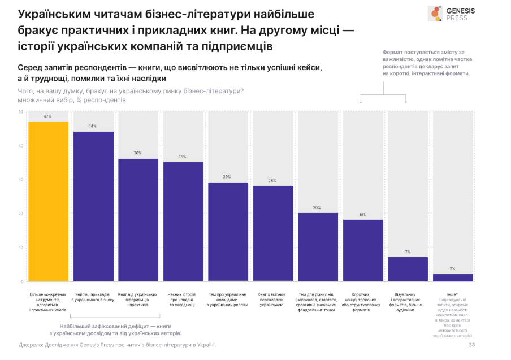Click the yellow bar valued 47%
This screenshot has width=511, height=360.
pyautogui.click(x=48, y=201)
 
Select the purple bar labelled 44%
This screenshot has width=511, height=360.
pyautogui.click(x=93, y=206)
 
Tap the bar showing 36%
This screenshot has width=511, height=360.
pyautogui.click(x=138, y=220)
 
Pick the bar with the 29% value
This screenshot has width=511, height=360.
pyautogui.click(x=228, y=232)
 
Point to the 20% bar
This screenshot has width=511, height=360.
pyautogui.click(x=318, y=247)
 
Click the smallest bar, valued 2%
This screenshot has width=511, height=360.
pyautogui.click(x=452, y=277)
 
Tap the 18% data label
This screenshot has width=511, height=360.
pyautogui.click(x=362, y=215)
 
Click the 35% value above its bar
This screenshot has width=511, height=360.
pyautogui.click(x=183, y=157)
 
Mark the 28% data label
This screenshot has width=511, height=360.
pyautogui.click(x=272, y=181)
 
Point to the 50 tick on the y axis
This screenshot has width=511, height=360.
pyautogui.click(x=20, y=112)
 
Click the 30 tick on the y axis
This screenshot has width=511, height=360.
pyautogui.click(x=20, y=180)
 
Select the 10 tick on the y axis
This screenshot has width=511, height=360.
pyautogui.click(x=20, y=248)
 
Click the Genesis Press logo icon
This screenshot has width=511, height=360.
pyautogui.click(x=435, y=14)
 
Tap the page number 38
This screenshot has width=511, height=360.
pyautogui.click(x=471, y=344)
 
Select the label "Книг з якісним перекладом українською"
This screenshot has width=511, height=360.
pyautogui.click(x=272, y=300)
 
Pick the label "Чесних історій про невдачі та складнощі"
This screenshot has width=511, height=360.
pyautogui.click(x=183, y=300)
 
